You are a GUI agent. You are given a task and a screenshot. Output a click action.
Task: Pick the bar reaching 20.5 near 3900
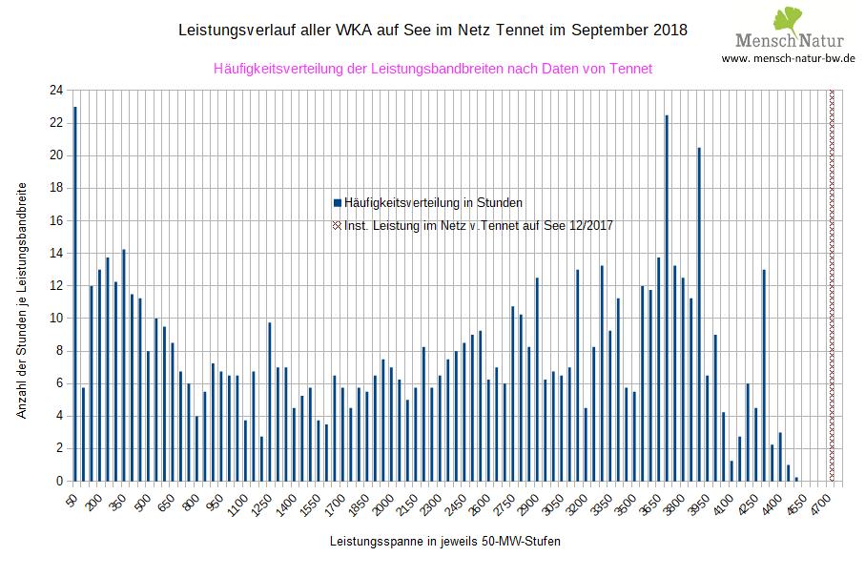pos(699,314)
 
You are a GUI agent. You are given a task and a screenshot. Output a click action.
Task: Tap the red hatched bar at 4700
pos(832,285)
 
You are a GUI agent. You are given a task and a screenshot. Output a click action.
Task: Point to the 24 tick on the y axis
pos(56,91)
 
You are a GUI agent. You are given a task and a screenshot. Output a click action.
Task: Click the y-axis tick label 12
pos(56,286)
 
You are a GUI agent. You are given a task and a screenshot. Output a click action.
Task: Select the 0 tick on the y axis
pos(59,482)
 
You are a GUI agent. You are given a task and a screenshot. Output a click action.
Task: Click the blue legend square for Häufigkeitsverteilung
pos(338,203)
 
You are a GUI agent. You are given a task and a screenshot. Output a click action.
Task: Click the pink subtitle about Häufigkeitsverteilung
pos(433,69)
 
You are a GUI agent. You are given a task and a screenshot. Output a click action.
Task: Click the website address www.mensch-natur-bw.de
pos(788,58)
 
